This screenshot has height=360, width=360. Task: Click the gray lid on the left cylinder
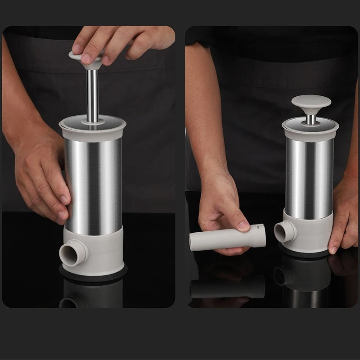point(93,126)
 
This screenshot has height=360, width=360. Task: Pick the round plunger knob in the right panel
point(309,105)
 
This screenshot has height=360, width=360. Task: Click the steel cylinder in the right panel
point(309,175)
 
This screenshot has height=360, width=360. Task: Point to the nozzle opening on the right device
point(283,232)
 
